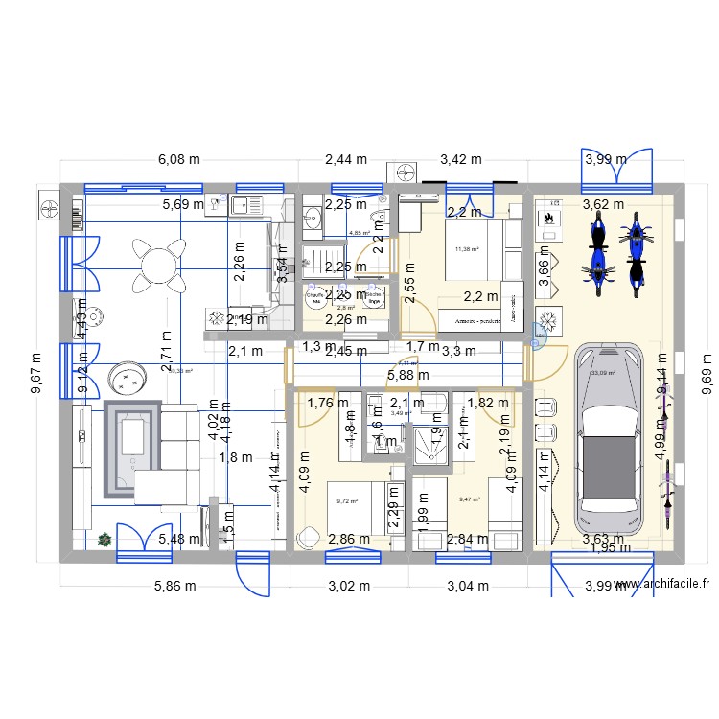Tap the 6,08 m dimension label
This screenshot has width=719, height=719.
point(180,160)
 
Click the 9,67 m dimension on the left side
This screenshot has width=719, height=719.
point(37,371)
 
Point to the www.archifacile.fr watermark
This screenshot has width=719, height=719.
point(664,584)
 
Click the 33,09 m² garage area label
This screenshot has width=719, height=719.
point(604,373)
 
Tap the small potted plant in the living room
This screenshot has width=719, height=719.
point(104,540)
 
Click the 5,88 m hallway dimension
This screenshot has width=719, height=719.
point(407,376)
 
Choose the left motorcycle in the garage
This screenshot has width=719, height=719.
point(598,256)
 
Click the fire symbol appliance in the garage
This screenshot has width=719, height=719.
point(549,218)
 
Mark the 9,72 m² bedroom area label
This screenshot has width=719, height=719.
point(347,500)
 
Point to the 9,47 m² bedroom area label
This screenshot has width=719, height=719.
point(470,499)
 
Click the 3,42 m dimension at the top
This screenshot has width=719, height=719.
point(461,160)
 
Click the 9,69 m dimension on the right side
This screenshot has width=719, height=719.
point(707,370)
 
